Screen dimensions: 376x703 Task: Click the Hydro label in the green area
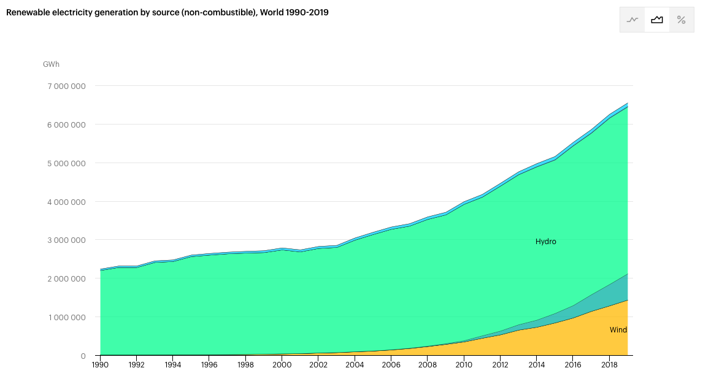[x=545, y=242]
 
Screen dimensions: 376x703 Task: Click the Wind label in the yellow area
[x=618, y=330]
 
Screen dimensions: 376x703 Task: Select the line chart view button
[x=632, y=20]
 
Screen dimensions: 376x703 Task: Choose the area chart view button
[x=657, y=20]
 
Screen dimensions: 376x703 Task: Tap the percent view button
[x=681, y=20]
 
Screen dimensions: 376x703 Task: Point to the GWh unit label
[x=51, y=64]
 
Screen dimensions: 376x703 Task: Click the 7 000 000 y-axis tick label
[x=66, y=86]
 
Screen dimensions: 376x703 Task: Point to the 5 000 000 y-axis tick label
[x=66, y=163]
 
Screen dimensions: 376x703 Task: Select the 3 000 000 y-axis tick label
[x=66, y=240]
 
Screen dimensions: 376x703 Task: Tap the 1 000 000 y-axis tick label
[x=66, y=318]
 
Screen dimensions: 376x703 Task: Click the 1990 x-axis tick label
[x=100, y=365]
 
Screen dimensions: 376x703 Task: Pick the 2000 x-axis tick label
[x=282, y=365]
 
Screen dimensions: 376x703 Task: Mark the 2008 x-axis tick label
[x=428, y=365]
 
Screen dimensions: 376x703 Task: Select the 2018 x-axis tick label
[x=609, y=365]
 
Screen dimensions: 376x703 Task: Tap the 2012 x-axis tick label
[x=500, y=365]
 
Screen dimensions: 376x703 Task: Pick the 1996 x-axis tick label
[x=209, y=365]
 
